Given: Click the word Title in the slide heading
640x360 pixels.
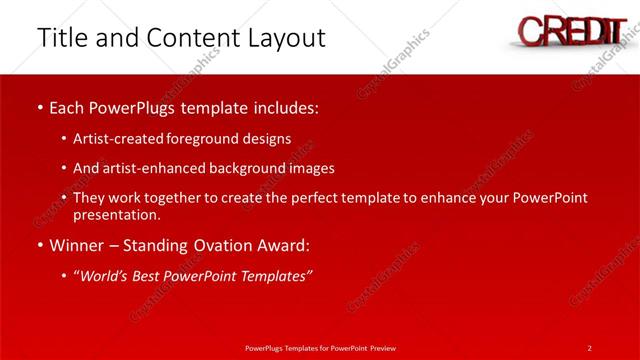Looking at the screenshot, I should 62,38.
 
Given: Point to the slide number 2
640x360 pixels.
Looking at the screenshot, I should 589,347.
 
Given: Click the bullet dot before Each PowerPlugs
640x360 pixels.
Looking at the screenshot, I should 38,106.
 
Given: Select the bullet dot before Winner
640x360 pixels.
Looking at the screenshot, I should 38,245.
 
